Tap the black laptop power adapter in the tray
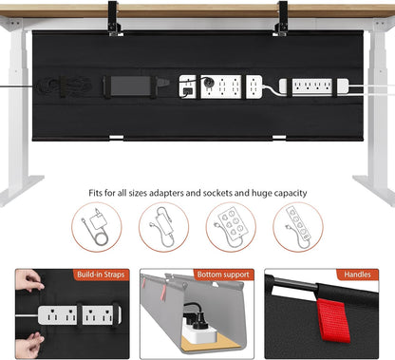135,84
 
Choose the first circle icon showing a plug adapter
95,228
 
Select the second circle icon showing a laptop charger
163,228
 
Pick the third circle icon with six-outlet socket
232,228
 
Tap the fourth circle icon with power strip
299,228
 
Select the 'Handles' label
358,274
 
